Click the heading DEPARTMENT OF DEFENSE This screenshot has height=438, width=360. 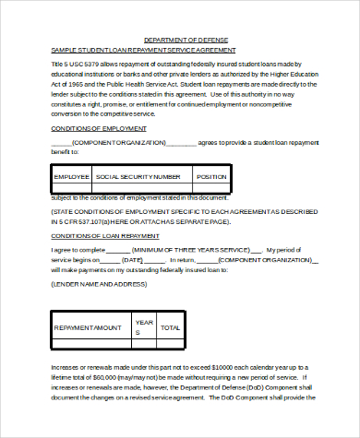tap(182, 41)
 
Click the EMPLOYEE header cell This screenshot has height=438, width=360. tap(71, 176)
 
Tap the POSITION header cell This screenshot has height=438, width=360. tap(237, 176)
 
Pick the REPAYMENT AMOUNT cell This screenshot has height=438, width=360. tap(89, 327)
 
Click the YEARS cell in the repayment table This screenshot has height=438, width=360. tap(143, 327)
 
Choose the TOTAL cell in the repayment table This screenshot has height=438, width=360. tap(171, 327)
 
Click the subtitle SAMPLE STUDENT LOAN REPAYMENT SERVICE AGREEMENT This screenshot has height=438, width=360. tap(143, 50)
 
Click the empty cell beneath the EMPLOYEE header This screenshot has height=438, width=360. tap(71, 189)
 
